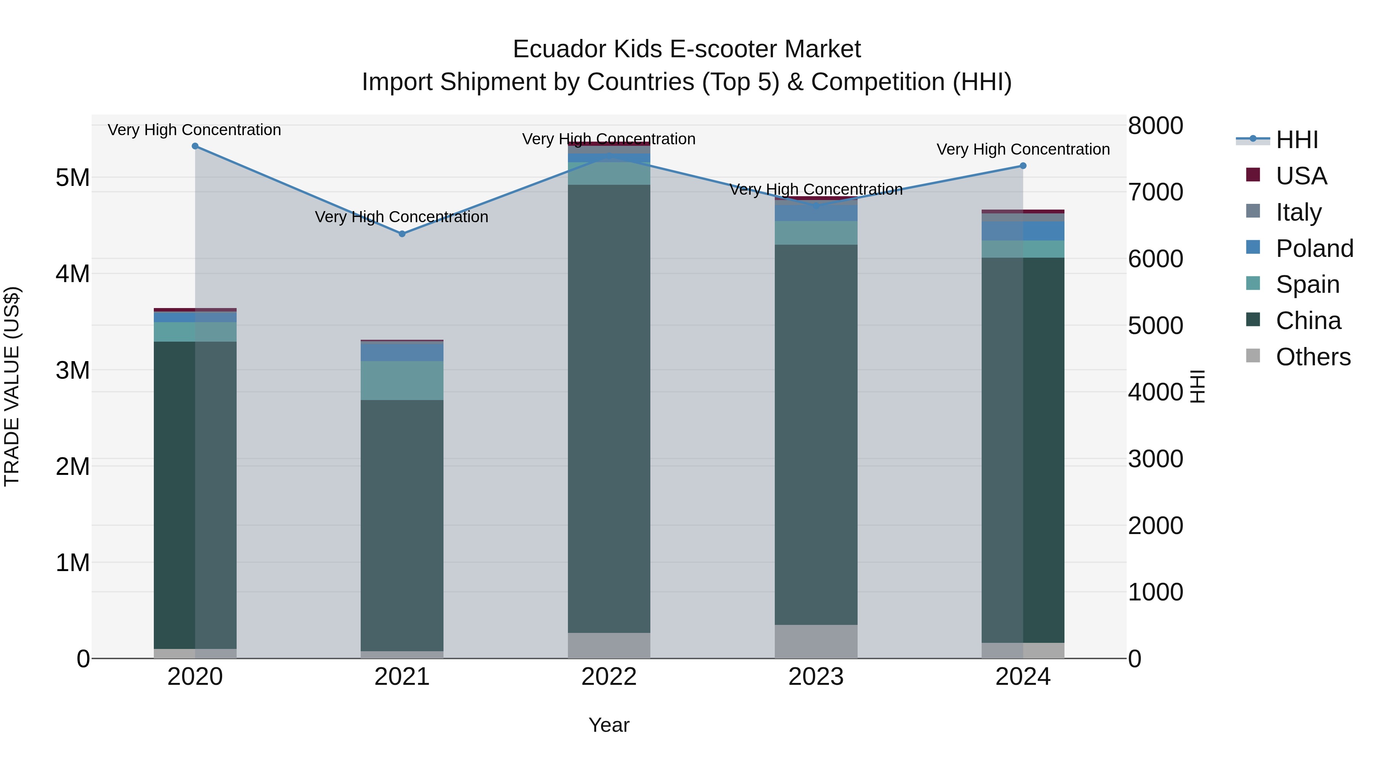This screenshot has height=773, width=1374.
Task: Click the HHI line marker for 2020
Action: tap(195, 146)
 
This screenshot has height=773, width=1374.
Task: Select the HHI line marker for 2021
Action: tap(402, 234)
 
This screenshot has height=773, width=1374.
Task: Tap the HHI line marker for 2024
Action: tap(1022, 166)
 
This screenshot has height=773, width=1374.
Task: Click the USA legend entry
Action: tap(1301, 176)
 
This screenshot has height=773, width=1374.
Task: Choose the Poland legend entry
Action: tap(1314, 249)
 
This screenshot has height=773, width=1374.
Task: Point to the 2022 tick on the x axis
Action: tap(609, 677)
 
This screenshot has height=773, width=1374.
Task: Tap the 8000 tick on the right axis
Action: tap(1155, 126)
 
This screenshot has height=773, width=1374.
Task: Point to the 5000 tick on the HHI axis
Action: tap(1155, 325)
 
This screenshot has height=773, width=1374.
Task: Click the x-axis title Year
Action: tap(609, 725)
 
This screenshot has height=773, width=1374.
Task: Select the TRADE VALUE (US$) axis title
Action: tap(12, 386)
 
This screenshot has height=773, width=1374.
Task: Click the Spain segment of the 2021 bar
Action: tap(402, 380)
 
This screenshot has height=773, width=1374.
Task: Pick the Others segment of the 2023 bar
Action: tap(816, 641)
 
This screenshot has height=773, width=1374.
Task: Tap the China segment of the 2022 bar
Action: tap(609, 408)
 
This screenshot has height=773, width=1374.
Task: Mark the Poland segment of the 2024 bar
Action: tap(1022, 231)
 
